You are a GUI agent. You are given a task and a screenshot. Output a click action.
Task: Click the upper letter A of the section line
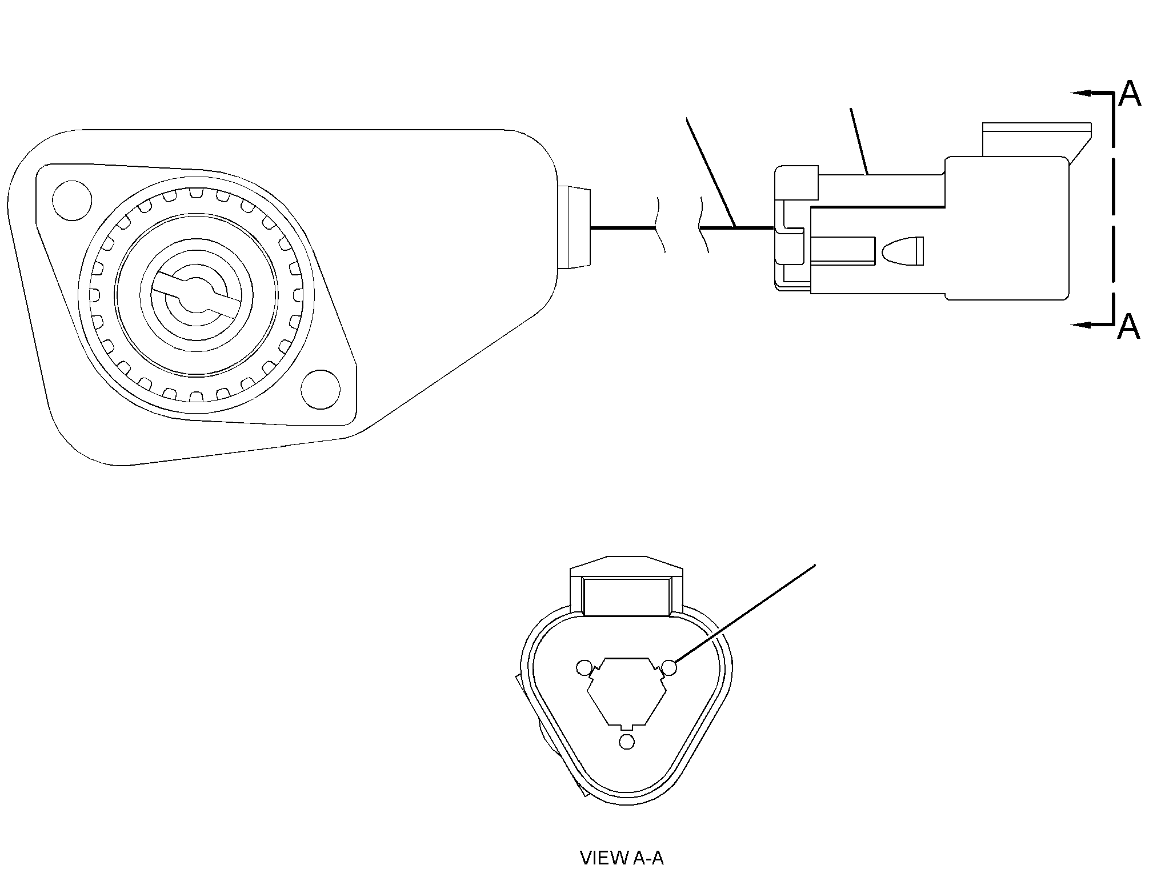pyautogui.click(x=1129, y=94)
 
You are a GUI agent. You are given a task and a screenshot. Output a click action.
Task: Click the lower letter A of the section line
pyautogui.click(x=1128, y=326)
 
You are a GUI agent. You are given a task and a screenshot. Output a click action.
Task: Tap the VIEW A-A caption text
pyautogui.click(x=622, y=874)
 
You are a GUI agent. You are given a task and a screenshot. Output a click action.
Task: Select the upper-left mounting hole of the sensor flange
pyautogui.click(x=72, y=201)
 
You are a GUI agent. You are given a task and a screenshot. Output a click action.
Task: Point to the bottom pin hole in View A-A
pyautogui.click(x=627, y=742)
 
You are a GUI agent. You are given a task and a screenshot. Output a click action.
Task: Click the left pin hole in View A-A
pyautogui.click(x=584, y=667)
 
